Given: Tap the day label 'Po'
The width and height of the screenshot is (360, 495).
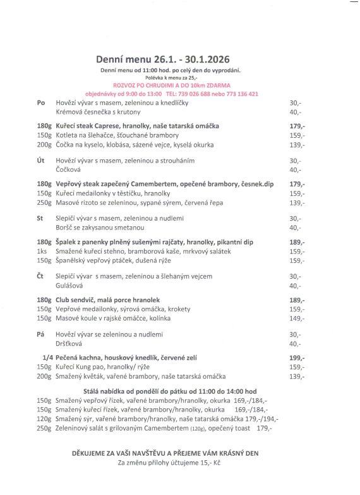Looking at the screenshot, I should click(x=41, y=102).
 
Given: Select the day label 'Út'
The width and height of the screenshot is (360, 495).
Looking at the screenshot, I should click(x=41, y=161).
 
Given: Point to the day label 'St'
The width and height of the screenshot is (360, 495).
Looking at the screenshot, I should click(x=41, y=218).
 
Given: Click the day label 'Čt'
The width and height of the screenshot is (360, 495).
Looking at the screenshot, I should click(x=41, y=276).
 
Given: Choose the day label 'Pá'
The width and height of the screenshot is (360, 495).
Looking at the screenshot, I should click(x=41, y=334).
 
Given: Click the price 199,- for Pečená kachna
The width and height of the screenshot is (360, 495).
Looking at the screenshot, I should click(x=297, y=357).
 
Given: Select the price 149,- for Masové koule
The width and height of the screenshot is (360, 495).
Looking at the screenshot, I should click(x=297, y=319).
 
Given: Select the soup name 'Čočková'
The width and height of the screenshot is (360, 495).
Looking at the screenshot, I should click(x=69, y=170).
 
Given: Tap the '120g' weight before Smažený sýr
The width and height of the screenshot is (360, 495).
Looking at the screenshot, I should click(x=44, y=419).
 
